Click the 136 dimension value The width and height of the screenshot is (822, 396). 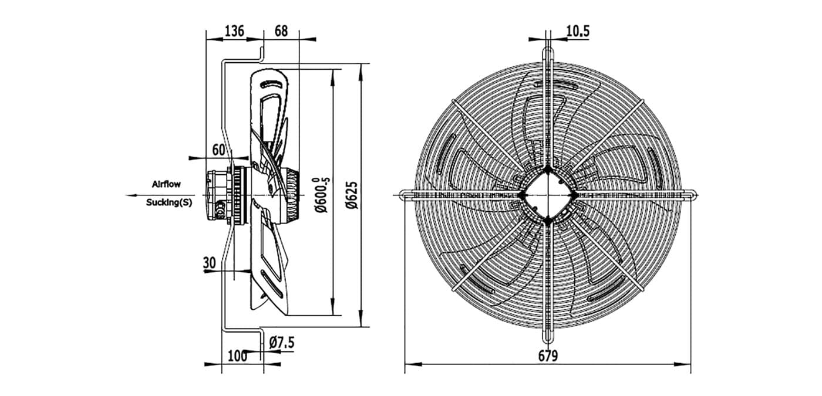[234, 31]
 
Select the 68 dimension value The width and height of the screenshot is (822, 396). [281, 31]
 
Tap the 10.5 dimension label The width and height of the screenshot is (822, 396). [578, 31]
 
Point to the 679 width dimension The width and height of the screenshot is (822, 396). [548, 356]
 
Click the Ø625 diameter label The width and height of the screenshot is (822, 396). [352, 195]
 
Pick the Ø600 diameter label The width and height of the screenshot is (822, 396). [322, 195]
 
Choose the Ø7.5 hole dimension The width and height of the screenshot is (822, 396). [281, 343]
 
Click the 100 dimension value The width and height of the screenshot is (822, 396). [237, 356]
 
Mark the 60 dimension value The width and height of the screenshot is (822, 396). [218, 150]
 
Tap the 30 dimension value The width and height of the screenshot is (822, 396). [210, 263]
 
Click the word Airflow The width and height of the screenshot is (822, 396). [166, 184]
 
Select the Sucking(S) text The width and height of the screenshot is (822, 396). [169, 202]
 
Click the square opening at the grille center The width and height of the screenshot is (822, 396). [547, 195]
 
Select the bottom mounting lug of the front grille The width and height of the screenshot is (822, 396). [547, 335]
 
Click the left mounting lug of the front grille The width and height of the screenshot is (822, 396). [406, 195]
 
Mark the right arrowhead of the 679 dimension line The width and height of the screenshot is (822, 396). [683, 364]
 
